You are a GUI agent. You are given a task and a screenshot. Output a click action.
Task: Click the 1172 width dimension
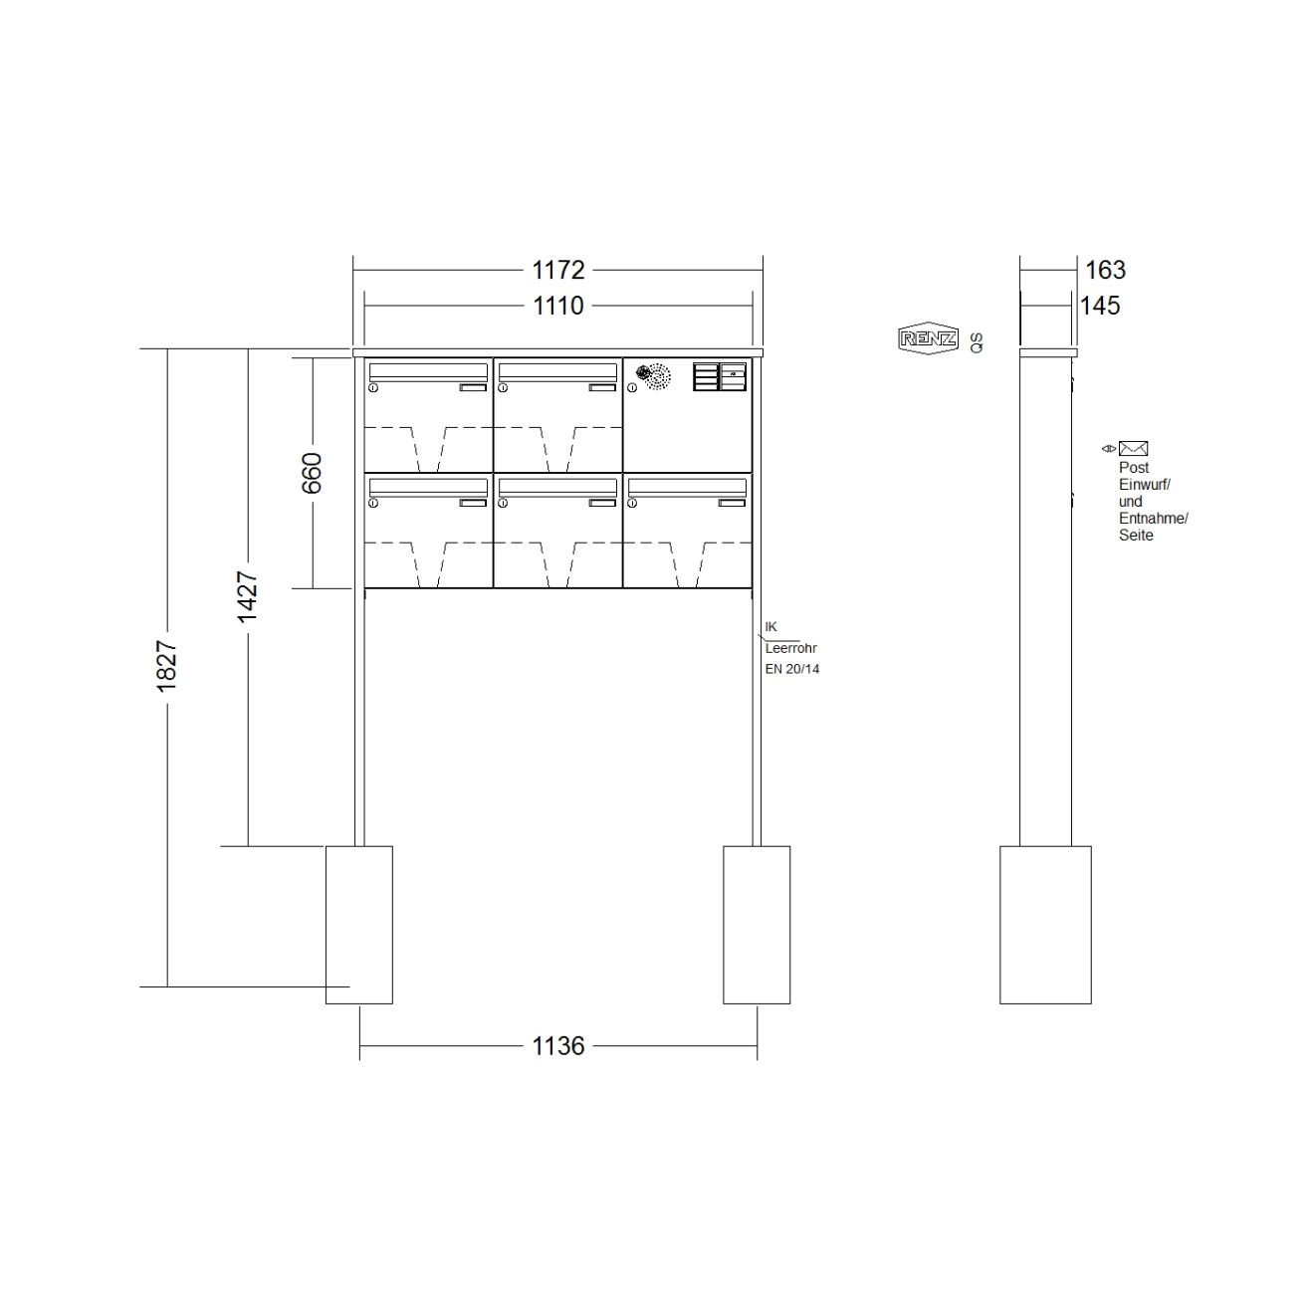click(x=557, y=270)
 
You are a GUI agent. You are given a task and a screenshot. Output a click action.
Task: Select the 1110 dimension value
click(x=557, y=306)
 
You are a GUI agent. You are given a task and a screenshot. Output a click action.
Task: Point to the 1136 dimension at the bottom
click(x=557, y=1045)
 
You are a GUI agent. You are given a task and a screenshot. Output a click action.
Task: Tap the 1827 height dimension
click(x=166, y=666)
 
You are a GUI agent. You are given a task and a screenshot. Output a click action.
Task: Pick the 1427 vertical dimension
click(x=247, y=596)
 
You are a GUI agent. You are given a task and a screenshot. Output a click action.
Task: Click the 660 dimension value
click(x=312, y=473)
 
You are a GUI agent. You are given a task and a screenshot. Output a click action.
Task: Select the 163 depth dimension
click(x=1105, y=270)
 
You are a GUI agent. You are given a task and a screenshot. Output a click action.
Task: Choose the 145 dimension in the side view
click(x=1100, y=306)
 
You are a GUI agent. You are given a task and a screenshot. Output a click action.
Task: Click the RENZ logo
click(x=928, y=337)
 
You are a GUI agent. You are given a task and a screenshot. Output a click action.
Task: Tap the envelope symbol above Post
click(x=1133, y=448)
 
